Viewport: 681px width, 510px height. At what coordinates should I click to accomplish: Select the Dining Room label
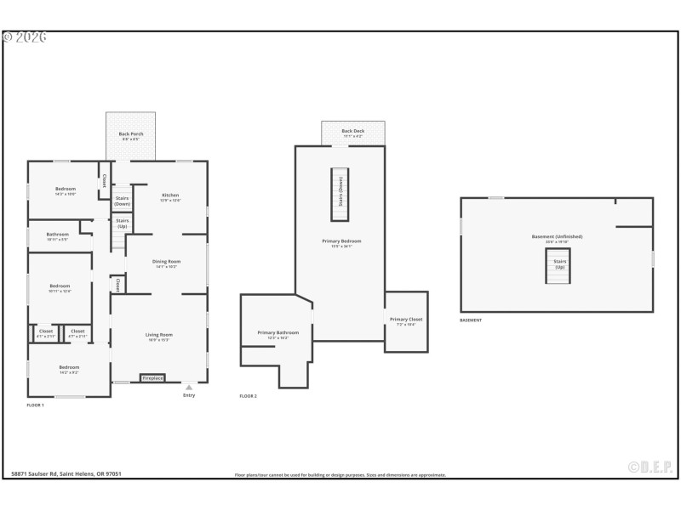[166, 263]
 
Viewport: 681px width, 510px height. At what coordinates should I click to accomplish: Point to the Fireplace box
[152, 377]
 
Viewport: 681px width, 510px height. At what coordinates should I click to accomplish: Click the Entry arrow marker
[189, 388]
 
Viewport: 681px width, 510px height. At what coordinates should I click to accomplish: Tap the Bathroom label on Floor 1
[58, 235]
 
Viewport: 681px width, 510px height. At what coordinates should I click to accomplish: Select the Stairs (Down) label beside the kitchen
[123, 201]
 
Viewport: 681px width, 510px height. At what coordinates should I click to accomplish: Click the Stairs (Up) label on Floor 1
[123, 224]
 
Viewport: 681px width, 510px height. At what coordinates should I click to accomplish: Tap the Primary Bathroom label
[278, 334]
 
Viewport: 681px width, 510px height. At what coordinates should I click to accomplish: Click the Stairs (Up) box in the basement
[558, 265]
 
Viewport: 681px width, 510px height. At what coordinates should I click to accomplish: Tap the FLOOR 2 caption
[248, 396]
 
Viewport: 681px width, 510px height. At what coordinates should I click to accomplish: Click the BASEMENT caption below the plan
[471, 320]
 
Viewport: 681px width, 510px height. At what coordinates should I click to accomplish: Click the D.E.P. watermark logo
[650, 467]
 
